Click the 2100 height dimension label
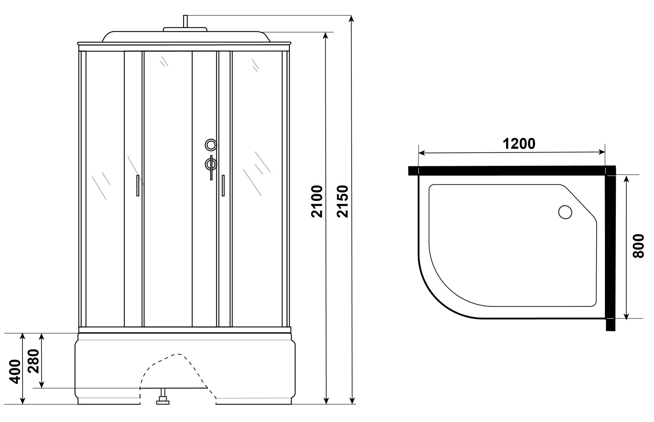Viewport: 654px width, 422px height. [317, 201]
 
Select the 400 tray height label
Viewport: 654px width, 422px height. [15, 371]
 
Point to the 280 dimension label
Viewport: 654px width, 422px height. [33, 361]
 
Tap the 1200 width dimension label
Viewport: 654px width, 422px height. [519, 144]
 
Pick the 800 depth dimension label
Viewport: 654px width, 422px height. [638, 246]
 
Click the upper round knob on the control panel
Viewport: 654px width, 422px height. [211, 145]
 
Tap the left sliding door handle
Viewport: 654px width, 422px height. [138, 185]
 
